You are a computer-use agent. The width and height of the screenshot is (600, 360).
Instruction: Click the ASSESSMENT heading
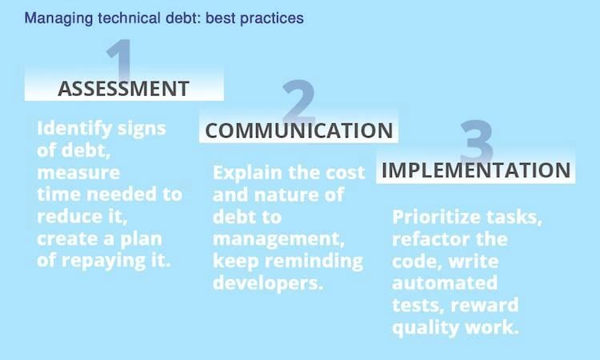coord(123,89)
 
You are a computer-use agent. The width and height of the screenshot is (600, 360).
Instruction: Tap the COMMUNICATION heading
coord(299,130)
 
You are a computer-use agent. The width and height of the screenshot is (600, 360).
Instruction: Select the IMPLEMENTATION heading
coord(476,170)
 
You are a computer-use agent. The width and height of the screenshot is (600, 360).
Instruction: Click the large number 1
coord(120,60)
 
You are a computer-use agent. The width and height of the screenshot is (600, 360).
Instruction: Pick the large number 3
coord(477,141)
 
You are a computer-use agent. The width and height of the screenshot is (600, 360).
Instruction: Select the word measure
coord(78,173)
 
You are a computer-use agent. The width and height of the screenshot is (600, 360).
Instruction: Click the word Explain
coord(247,174)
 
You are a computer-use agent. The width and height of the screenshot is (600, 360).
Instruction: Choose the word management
coord(278,240)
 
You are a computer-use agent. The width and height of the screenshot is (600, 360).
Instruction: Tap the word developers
coord(268,284)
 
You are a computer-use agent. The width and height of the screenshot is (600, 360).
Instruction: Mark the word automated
coord(445,283)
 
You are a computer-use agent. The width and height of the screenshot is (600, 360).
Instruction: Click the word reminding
coord(314,262)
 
